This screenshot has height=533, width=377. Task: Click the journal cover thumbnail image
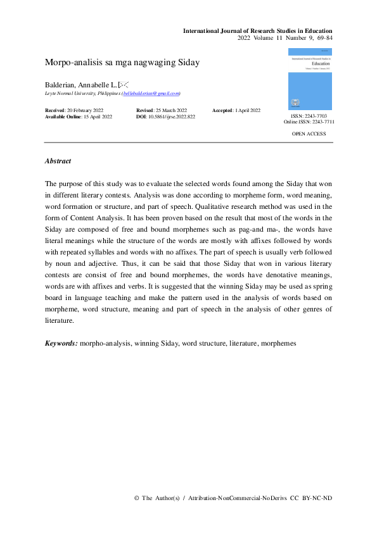click(309, 79)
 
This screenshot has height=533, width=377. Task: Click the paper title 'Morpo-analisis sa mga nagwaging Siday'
click(122, 62)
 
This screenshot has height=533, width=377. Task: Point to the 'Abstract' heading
click(58, 161)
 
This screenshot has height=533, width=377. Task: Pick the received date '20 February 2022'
click(89, 111)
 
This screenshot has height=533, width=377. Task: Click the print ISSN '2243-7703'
click(316, 116)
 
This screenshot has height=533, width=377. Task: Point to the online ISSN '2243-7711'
click(322, 122)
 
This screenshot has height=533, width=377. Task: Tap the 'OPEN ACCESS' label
click(309, 134)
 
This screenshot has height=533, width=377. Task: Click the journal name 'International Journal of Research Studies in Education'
click(257, 31)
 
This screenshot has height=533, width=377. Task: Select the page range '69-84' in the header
click(323, 39)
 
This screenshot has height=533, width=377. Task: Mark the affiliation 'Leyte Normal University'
click(70, 93)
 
